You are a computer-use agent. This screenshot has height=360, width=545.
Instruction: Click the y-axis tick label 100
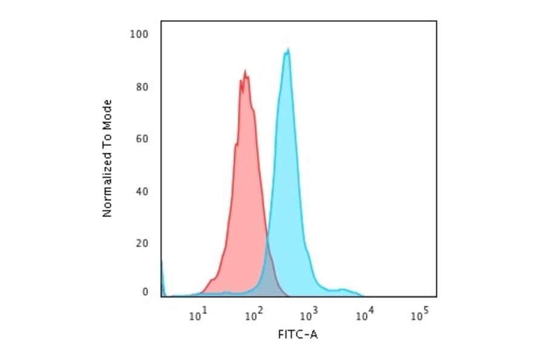pyautogui.click(x=139, y=34)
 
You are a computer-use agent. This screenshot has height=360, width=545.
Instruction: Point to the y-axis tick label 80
pyautogui.click(x=141, y=87)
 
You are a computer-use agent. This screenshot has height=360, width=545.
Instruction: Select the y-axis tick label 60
pyautogui.click(x=141, y=139)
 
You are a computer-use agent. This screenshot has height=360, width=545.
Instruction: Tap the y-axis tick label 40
pyautogui.click(x=141, y=192)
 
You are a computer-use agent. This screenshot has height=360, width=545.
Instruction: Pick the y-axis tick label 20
pyautogui.click(x=141, y=244)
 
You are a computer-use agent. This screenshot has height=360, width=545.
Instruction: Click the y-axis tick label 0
pyautogui.click(x=145, y=292)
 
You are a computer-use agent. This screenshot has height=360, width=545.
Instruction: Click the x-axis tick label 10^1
pyautogui.click(x=198, y=315)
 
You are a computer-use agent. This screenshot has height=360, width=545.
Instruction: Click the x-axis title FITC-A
pyautogui.click(x=297, y=335)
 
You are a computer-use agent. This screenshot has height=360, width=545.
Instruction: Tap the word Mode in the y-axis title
pyautogui.click(x=107, y=112)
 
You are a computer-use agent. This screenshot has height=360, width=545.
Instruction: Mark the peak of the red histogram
pyautogui.click(x=245, y=71)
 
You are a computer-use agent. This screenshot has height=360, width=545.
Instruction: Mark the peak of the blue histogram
pyautogui.click(x=288, y=50)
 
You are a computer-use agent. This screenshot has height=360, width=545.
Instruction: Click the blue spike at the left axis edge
pyautogui.click(x=162, y=267)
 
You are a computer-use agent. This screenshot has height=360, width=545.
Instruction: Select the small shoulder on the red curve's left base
pyautogui.click(x=211, y=280)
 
